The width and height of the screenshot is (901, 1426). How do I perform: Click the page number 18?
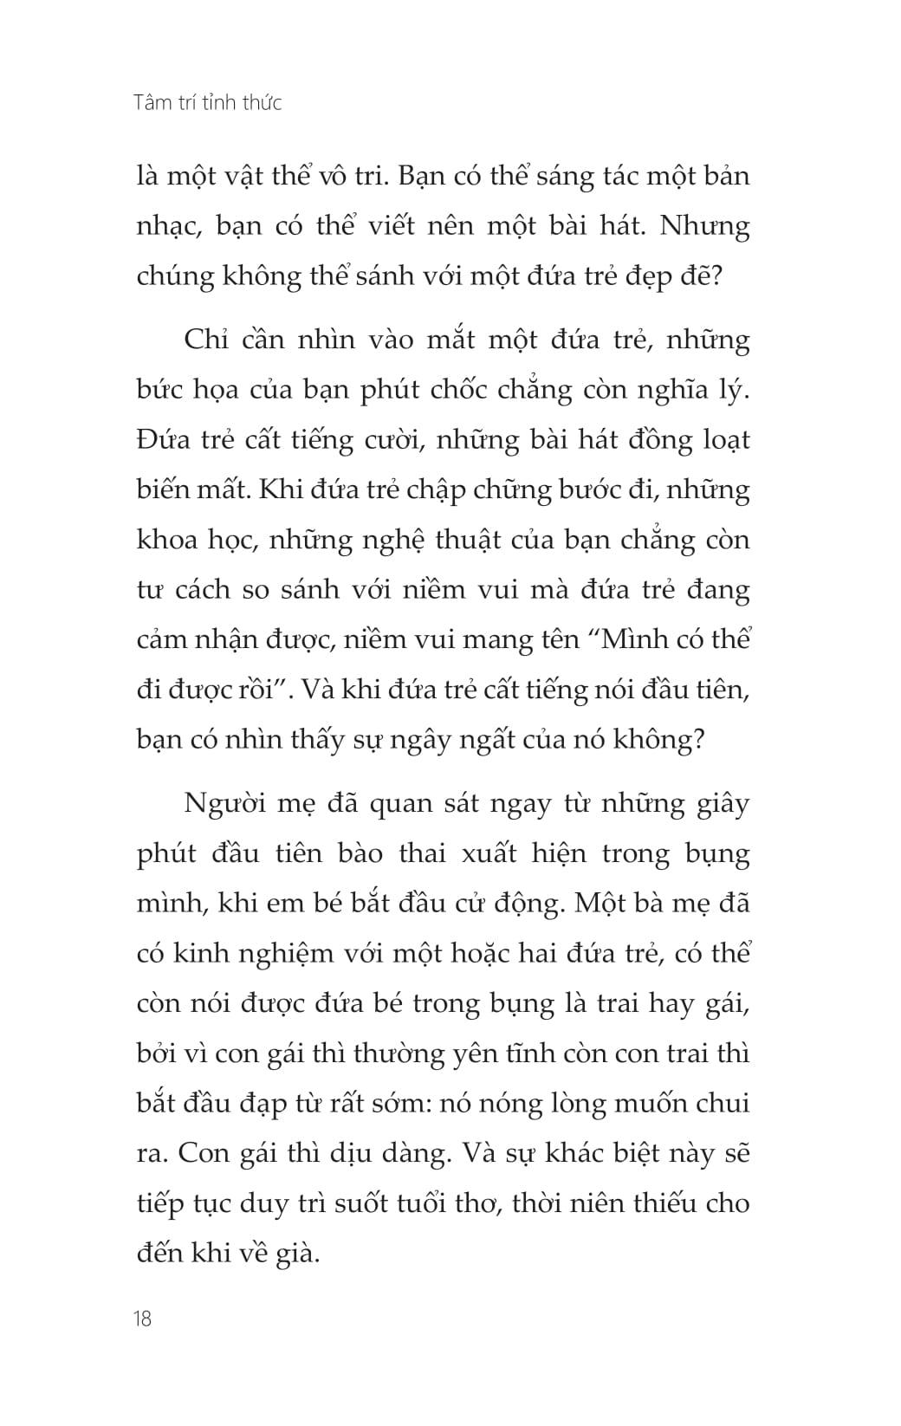[144, 1319]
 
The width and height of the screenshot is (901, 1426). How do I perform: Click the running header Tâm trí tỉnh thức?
[209, 103]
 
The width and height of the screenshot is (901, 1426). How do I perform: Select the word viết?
[450, 227]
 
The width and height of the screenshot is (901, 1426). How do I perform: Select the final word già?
[295, 1254]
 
